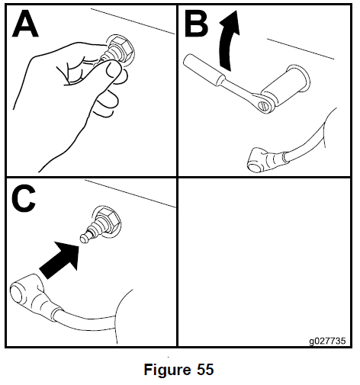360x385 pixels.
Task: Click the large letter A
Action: coord(25,24)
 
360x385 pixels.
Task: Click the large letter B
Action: coord(196,24)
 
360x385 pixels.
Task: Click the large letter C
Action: coord(24,198)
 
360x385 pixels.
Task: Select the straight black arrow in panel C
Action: coord(59,260)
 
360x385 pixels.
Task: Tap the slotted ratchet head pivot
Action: coord(264,105)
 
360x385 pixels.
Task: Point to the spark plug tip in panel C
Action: coord(85,239)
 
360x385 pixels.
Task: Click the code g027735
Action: coord(327,341)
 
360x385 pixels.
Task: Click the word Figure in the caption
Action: coord(167,369)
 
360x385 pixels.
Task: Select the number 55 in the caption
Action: coord(205,369)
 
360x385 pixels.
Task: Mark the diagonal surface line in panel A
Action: coord(133,21)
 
